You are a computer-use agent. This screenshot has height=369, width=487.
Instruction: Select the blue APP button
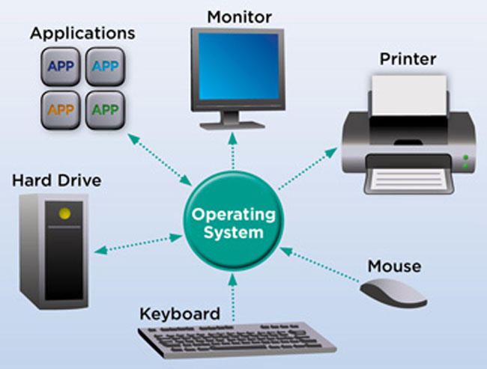(x=61, y=67)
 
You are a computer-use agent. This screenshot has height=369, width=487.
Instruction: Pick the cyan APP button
(x=104, y=67)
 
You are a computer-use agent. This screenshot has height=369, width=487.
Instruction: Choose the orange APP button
(x=61, y=109)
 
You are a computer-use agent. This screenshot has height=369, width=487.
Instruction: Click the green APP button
(x=104, y=109)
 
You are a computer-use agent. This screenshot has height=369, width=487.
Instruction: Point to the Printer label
(x=408, y=58)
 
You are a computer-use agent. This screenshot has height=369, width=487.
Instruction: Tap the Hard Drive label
(x=57, y=180)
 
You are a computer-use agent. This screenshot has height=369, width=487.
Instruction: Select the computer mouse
(x=393, y=293)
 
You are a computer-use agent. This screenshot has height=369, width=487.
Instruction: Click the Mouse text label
(x=394, y=266)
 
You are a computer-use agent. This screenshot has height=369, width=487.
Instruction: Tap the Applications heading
(x=82, y=34)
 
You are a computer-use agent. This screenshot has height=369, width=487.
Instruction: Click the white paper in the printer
(x=408, y=97)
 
